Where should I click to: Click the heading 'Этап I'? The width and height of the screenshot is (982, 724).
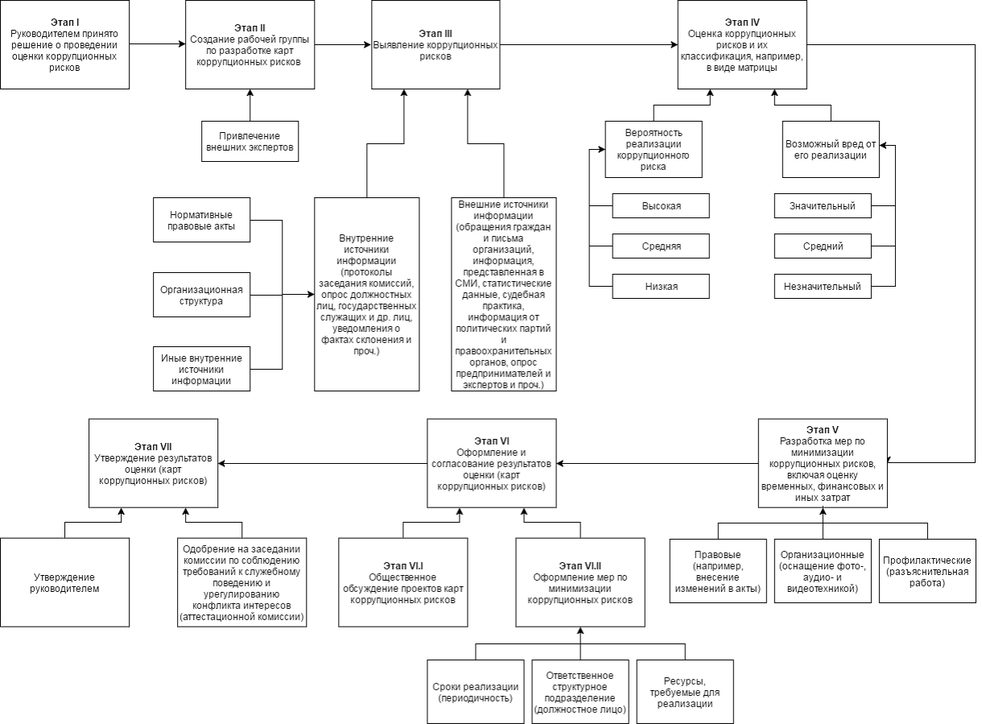[65, 22]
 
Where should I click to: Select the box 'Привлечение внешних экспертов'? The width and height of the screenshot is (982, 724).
[250, 141]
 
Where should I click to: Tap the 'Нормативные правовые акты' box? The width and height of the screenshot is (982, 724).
[202, 220]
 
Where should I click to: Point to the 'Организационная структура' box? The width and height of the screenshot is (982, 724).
[202, 295]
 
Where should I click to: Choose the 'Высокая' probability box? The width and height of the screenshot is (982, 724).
[661, 205]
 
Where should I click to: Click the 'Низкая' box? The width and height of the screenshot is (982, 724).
[661, 287]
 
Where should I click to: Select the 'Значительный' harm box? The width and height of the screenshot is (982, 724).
[823, 205]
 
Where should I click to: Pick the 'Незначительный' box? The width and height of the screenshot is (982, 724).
[823, 287]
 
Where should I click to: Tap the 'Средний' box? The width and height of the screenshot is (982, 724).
[823, 246]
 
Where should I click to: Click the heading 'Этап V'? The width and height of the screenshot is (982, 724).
[823, 430]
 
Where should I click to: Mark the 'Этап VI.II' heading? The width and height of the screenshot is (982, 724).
[580, 565]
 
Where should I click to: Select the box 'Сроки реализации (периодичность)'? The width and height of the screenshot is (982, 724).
[476, 692]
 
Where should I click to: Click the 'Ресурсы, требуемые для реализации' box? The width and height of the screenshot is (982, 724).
[685, 692]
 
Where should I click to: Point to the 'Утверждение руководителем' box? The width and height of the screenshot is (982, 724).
[65, 582]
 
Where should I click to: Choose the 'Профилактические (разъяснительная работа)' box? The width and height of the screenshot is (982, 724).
[927, 571]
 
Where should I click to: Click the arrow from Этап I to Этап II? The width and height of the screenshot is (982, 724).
[158, 43]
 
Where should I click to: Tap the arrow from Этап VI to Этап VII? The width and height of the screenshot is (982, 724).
[323, 464]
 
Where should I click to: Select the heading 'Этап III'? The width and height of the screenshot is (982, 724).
[435, 33]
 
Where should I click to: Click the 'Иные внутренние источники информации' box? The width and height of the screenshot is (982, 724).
[202, 369]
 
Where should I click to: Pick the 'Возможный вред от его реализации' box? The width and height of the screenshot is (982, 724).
[831, 150]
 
